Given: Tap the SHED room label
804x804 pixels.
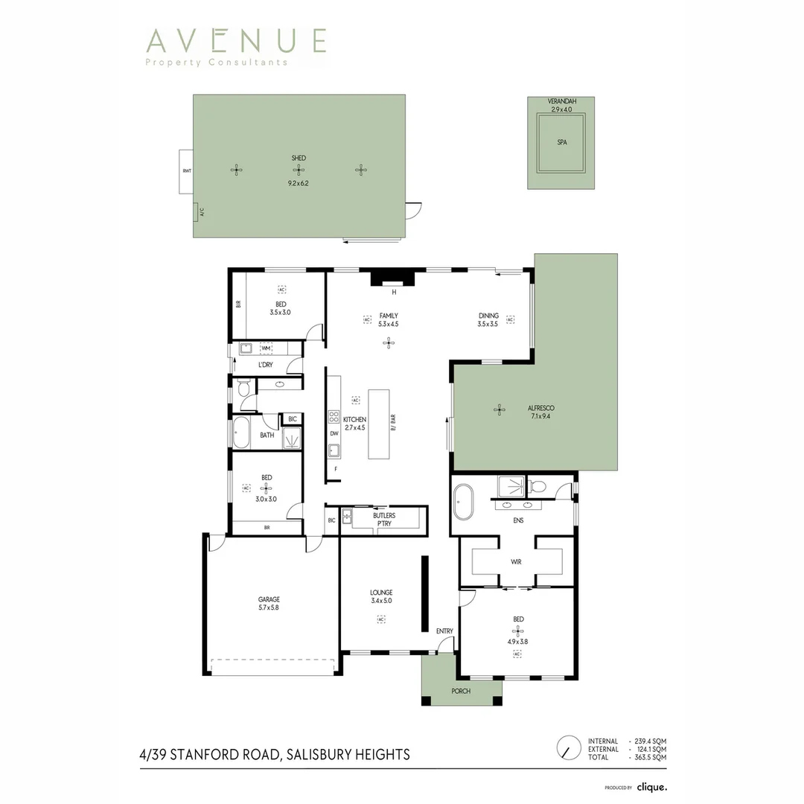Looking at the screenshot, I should click(299, 158).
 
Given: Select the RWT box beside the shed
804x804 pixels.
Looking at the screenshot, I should click(186, 171).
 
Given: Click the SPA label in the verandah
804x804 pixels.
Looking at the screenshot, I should click(561, 142).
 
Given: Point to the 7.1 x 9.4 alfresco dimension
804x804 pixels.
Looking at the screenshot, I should click(540, 416).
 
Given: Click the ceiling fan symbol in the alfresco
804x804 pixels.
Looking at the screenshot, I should click(499, 409).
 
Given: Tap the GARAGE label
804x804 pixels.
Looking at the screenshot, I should click(269, 599).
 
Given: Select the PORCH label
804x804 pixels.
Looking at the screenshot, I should click(461, 691).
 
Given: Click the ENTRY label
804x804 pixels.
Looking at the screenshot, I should click(444, 631).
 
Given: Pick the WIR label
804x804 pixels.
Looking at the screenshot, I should click(516, 561).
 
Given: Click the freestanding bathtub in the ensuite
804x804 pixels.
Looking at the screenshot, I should click(464, 503).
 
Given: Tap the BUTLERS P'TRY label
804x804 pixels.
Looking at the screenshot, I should click(384, 519).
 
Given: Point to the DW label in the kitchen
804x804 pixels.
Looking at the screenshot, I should click(334, 433).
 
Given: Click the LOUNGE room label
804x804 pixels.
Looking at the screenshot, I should click(381, 593).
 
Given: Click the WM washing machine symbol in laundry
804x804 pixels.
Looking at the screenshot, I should click(266, 348).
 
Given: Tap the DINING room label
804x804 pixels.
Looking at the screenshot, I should click(488, 316).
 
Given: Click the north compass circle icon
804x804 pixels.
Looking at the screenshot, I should click(569, 747).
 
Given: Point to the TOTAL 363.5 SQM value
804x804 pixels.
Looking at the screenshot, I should click(648, 757).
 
